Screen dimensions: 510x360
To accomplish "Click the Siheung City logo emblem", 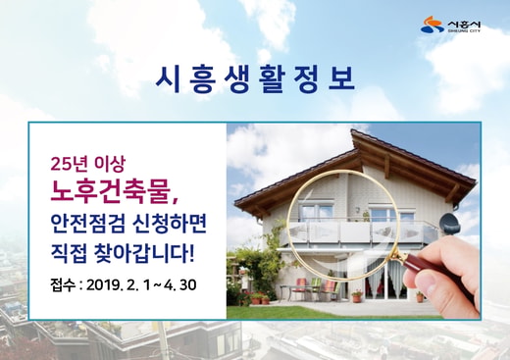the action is click(x=432, y=25).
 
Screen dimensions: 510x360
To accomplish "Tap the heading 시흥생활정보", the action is click(x=255, y=80).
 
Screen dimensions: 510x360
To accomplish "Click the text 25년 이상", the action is click(x=88, y=165).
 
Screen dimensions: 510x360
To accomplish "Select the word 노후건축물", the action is click(x=112, y=192).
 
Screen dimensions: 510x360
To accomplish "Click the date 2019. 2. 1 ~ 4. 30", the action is click(x=141, y=285).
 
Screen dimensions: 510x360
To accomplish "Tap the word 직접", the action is click(x=69, y=254).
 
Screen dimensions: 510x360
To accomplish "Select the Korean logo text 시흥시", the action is click(x=464, y=24).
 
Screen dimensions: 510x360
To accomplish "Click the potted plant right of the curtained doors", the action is click(x=420, y=296).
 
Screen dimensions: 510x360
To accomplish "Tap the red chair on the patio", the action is click(x=300, y=287).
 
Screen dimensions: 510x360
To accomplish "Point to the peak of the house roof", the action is click(x=352, y=130).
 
